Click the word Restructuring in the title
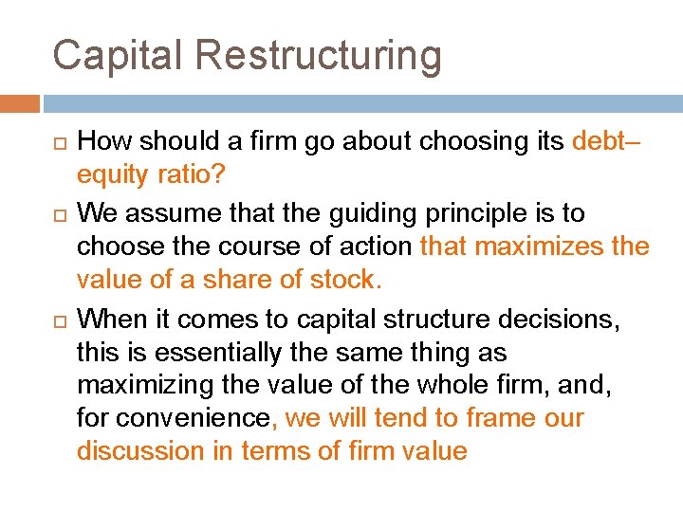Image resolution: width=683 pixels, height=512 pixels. [x=319, y=56]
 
